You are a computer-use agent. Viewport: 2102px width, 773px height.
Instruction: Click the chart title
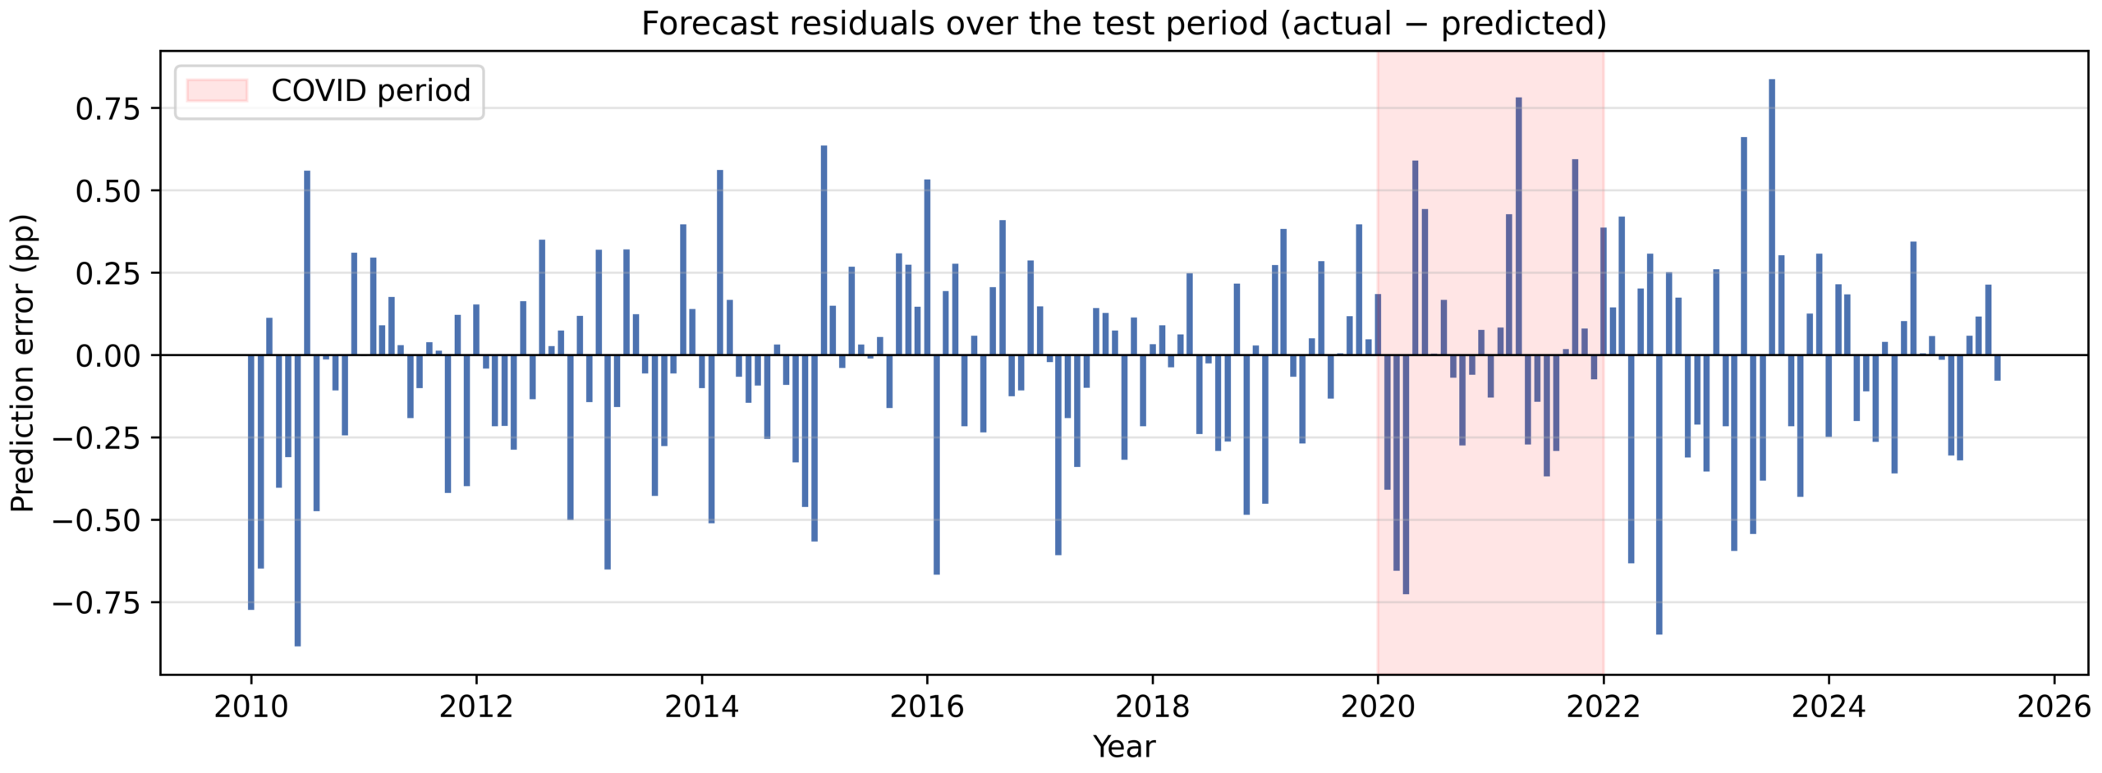coord(1123,23)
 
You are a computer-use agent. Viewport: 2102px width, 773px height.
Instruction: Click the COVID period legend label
coord(370,90)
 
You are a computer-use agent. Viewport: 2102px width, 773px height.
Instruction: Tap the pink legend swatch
coord(217,90)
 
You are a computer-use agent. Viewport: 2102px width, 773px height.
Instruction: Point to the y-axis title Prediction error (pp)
coord(22,363)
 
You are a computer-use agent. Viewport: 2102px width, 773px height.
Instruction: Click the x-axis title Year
coord(1123,747)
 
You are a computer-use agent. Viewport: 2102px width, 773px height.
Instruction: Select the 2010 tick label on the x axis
coord(250,707)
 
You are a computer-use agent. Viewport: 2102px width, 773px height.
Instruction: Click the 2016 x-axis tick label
coord(927,707)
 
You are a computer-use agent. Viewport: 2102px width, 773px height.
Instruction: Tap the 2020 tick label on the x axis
coord(1378,707)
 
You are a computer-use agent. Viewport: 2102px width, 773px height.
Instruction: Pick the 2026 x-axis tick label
coord(2054,707)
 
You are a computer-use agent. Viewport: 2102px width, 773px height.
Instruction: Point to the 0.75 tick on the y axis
coord(108,108)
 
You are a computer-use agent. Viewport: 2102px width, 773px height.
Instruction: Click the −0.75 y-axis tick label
coord(97,602)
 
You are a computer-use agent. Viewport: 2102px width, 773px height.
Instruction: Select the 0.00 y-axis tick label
coord(108,355)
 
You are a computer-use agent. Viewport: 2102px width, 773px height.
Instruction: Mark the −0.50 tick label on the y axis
coord(97,520)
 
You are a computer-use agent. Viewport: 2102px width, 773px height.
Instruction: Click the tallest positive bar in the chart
coord(1772,217)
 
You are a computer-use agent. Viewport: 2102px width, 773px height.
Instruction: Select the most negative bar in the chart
coord(297,501)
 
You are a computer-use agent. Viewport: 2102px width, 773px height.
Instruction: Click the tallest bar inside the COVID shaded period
coord(1519,226)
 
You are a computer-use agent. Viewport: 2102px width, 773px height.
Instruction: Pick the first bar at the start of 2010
coord(251,483)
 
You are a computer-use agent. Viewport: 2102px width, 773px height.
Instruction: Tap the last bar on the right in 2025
coord(1998,368)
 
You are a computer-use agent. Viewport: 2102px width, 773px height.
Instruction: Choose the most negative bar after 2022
coord(1659,495)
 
